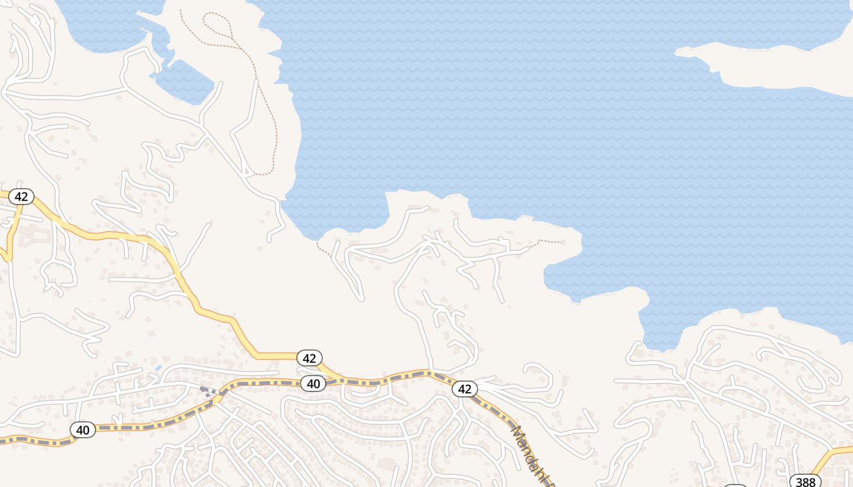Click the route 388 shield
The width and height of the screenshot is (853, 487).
(805, 482)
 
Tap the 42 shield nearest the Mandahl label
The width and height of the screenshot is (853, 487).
(465, 388)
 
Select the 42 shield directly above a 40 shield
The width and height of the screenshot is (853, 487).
(310, 358)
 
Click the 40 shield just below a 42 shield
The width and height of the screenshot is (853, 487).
(313, 384)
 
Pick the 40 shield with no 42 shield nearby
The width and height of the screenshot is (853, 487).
(83, 430)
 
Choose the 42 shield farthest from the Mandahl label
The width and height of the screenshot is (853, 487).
(21, 196)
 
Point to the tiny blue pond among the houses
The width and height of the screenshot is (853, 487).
(158, 368)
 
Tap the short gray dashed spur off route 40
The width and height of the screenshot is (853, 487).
(208, 391)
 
